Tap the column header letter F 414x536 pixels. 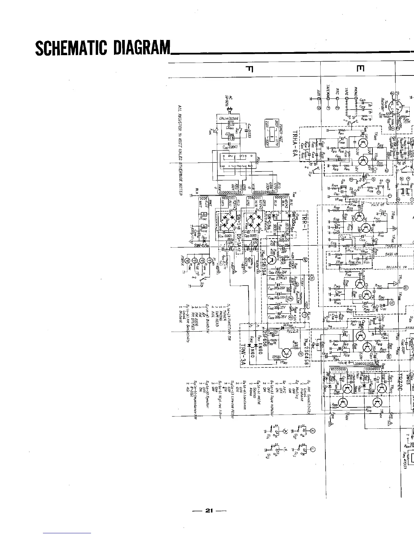pyautogui.click(x=250, y=70)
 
